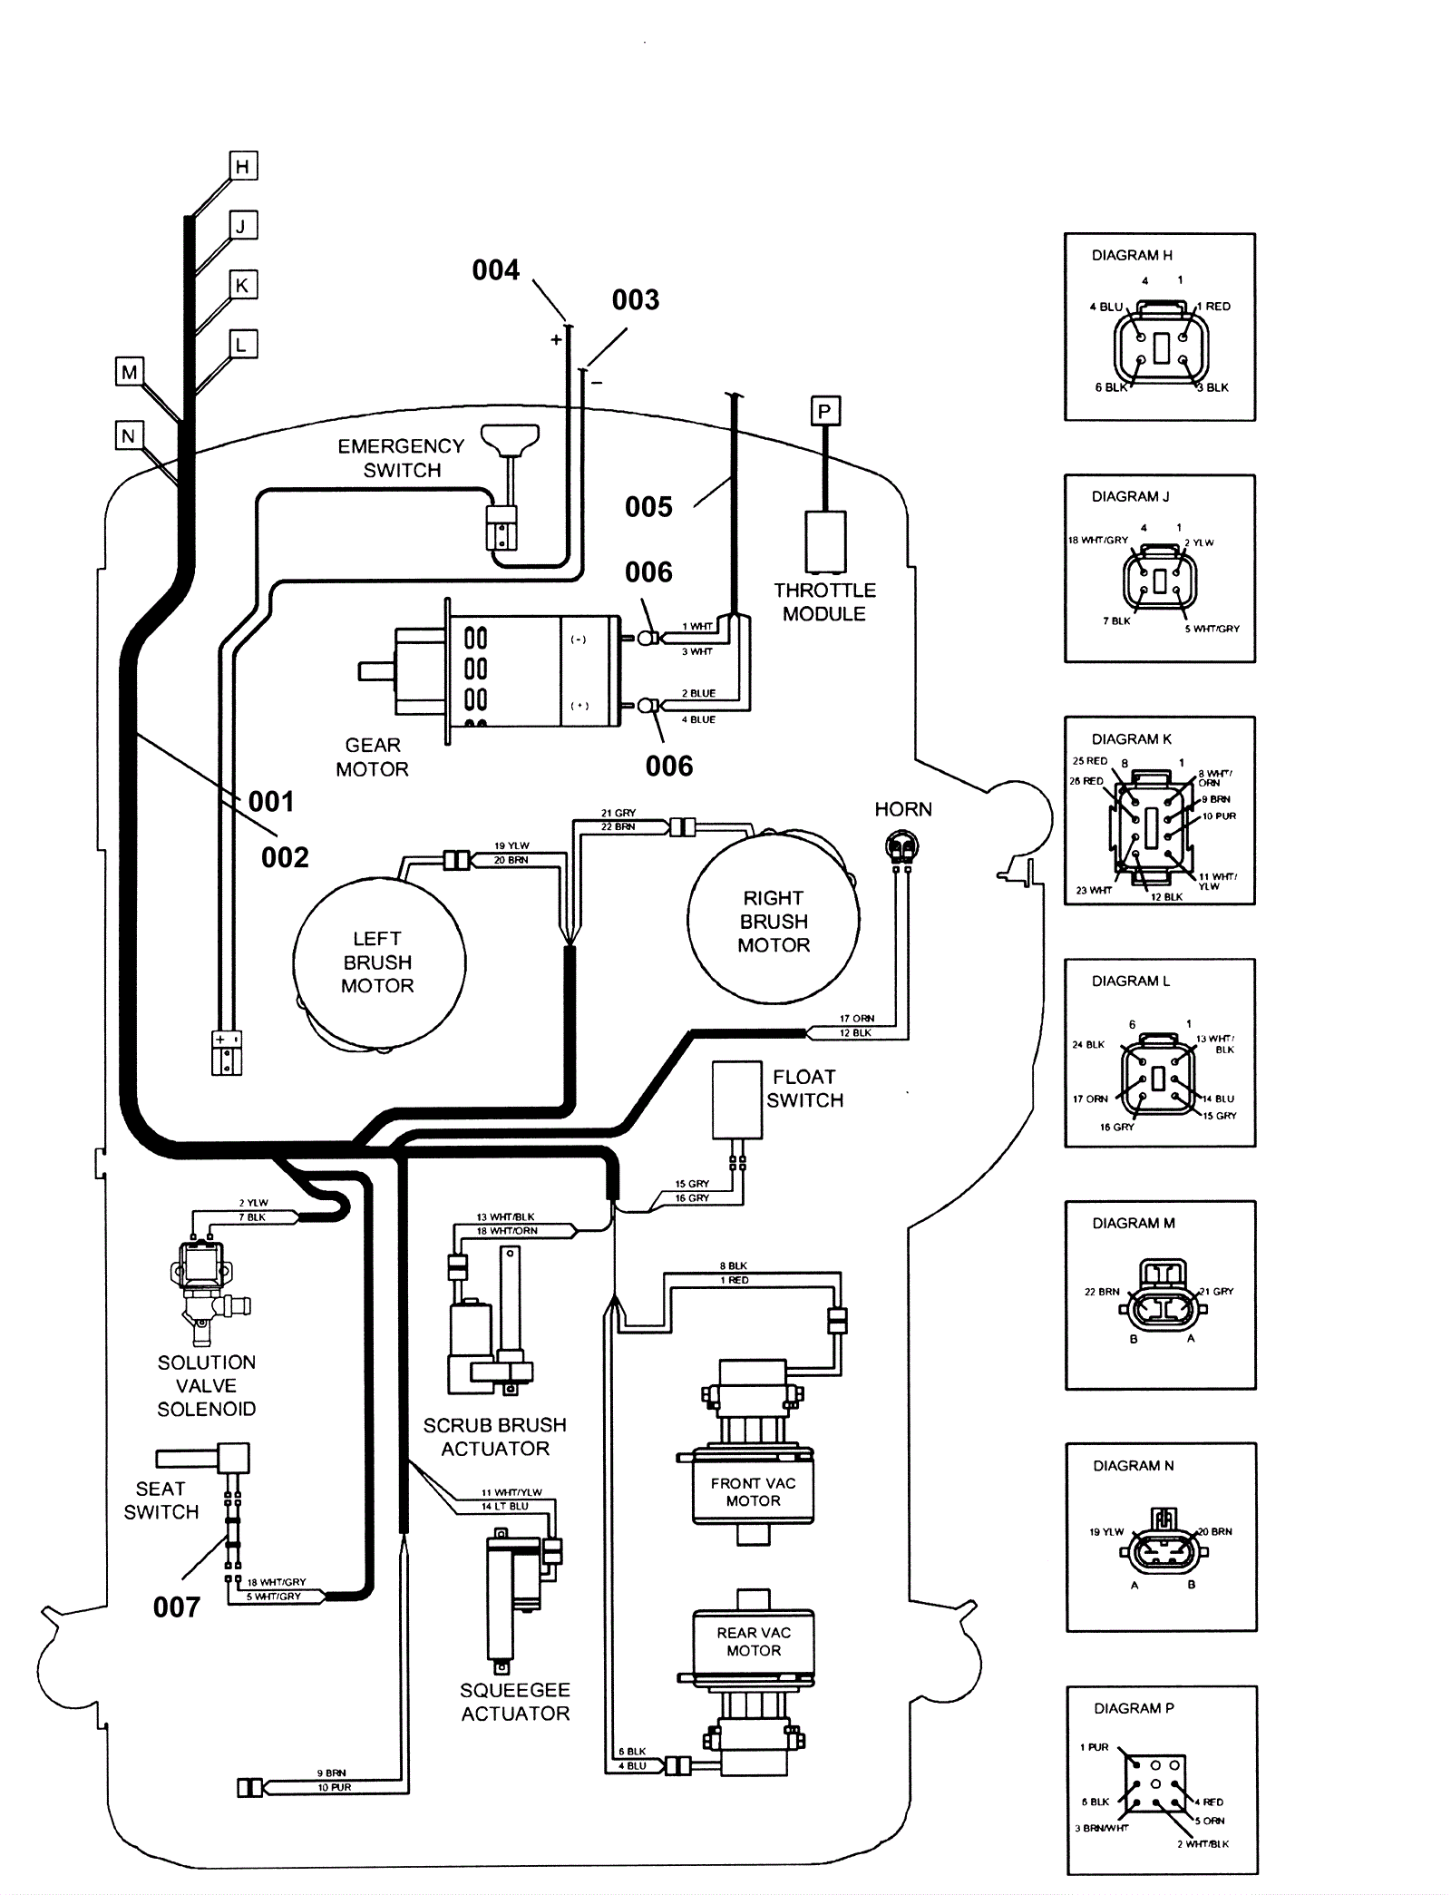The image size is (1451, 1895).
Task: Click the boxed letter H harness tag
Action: coord(242,166)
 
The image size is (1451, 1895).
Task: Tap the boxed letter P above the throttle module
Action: coord(824,411)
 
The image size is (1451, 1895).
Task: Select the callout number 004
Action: coord(495,269)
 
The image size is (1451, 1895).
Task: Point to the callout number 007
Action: coord(176,1607)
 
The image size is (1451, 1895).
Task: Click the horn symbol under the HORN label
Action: coord(901,848)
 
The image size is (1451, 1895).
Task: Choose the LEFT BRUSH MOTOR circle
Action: coord(379,963)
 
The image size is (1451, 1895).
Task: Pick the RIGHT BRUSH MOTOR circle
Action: coord(774,920)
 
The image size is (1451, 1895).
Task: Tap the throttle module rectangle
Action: coord(825,542)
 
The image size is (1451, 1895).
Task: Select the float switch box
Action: coord(736,1099)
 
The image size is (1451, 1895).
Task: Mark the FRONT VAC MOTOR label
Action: coord(753,1491)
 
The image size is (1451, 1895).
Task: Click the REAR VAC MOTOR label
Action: coord(754,1641)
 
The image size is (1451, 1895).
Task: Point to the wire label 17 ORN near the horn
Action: coord(856,1018)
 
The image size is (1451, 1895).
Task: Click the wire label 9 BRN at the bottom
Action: coord(331,1773)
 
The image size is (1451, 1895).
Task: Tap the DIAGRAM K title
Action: coord(1131,738)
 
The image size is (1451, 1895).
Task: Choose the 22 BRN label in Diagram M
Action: coord(1102,1292)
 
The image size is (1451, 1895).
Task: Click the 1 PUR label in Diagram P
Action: coord(1094,1747)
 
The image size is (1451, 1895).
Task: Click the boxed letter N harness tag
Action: coord(128,435)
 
